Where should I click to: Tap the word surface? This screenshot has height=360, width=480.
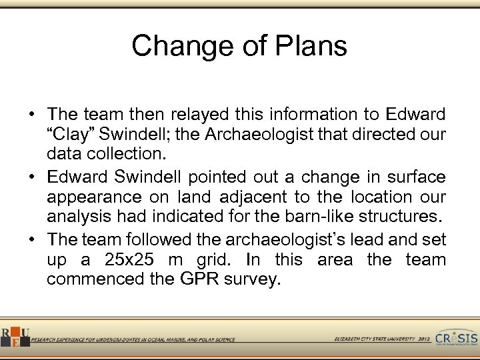[413, 177]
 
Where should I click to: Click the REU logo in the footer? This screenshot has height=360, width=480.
[14, 337]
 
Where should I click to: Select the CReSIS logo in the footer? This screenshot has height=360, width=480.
[457, 337]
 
